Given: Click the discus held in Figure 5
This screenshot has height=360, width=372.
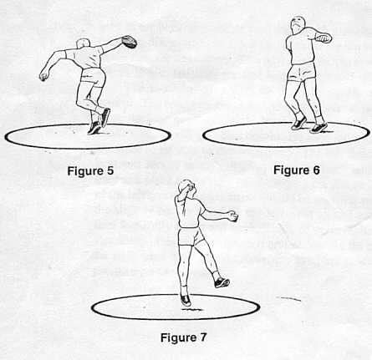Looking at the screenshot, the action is [130, 42].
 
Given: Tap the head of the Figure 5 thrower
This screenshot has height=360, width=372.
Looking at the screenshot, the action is [84, 44].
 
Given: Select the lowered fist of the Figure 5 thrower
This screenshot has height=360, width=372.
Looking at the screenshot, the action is [44, 76].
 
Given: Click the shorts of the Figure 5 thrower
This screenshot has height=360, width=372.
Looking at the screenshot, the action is [93, 76].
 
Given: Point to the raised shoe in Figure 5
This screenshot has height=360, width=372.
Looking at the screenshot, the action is [105, 117].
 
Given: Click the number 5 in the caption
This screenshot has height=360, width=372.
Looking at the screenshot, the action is [110, 170].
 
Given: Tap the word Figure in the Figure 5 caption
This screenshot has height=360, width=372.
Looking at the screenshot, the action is [85, 171].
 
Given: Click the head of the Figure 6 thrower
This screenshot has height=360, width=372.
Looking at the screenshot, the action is [298, 24].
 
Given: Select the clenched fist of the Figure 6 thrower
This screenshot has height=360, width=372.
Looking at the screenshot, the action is [324, 38].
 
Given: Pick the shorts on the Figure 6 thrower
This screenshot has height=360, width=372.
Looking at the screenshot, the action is [302, 72].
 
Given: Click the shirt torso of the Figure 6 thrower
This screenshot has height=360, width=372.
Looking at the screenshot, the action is [301, 46].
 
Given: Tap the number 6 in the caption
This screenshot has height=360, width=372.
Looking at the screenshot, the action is [316, 170].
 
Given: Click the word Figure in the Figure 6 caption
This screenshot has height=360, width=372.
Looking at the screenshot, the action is [291, 170].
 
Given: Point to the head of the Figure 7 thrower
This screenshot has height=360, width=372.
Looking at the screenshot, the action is [187, 189].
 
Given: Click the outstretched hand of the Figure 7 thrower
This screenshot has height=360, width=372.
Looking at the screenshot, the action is [232, 216].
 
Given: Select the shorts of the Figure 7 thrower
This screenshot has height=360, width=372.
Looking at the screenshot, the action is [191, 236].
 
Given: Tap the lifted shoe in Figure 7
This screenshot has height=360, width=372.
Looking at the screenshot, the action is [222, 282].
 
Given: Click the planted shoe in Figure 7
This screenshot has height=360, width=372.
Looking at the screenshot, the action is [186, 300].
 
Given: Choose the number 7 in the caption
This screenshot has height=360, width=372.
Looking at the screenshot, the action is [202, 337].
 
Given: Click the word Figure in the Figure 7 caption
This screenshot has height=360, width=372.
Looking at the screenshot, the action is [178, 338].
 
